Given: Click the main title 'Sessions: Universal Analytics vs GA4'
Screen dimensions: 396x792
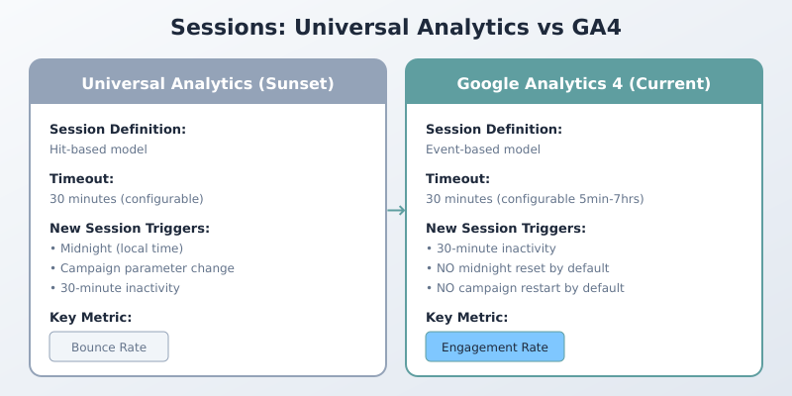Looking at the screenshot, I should coord(396,27).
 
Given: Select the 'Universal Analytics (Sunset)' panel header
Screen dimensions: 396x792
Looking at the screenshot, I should coord(208,84).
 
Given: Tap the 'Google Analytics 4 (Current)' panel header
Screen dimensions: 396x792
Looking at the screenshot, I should coord(584,84).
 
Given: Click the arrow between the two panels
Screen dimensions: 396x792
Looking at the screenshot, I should coord(396,210).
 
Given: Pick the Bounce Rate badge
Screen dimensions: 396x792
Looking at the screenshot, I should coord(109,346).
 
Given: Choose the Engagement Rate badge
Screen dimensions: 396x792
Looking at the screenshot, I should coord(495,346).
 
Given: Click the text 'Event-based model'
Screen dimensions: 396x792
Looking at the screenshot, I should coord(483,149).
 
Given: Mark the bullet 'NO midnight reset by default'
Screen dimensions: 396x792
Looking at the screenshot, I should coord(517,268).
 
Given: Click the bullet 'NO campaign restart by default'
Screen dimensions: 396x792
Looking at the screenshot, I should coord(525,288).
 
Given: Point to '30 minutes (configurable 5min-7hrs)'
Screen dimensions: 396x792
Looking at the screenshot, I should coord(535,199).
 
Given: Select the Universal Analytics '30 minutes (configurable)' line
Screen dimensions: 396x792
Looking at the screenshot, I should coord(127,199).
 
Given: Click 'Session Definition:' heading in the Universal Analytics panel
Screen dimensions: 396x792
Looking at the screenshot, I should coord(118,130).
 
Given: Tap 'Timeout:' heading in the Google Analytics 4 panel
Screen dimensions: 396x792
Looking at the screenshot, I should coord(458,179).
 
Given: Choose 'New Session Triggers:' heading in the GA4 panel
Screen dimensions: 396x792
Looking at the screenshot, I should coord(506,229).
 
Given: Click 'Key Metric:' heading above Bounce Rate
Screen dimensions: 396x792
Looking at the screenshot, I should coord(90,318).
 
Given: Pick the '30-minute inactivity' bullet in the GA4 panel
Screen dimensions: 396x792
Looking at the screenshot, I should coord(491,248).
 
